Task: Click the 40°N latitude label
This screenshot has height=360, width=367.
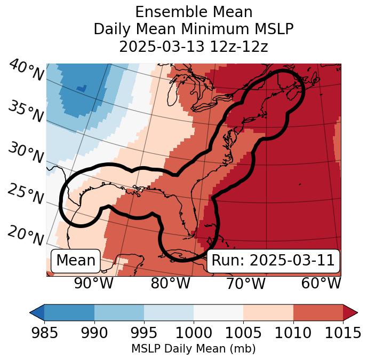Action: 26,71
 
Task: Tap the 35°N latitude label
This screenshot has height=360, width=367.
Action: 25,111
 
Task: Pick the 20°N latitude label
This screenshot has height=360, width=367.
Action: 25,234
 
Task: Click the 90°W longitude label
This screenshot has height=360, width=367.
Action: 93,283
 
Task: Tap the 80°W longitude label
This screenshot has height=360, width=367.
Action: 170,283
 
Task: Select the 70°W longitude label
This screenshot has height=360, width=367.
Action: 245,283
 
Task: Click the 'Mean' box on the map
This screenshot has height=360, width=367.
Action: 76,261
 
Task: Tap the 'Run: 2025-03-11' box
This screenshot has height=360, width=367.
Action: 273,261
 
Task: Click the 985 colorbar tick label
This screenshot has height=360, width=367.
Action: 45,333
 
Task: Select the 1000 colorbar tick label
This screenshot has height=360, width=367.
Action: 194,333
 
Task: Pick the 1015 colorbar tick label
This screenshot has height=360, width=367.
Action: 342,333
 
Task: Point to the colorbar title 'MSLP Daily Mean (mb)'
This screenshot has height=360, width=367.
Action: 194,349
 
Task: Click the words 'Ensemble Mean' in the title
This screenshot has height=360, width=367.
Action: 194,12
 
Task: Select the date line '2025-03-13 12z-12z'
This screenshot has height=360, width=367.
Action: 194,46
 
